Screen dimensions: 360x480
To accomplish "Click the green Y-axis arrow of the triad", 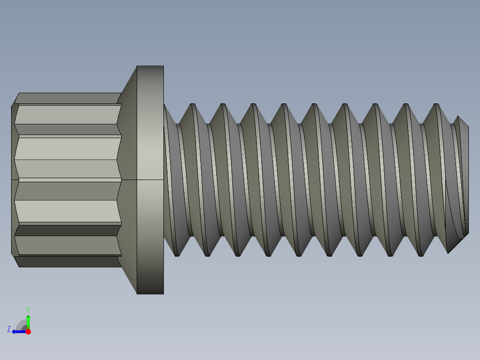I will (x=28, y=320).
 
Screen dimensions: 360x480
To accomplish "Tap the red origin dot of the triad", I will (x=28, y=331).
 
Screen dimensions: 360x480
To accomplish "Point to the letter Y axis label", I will (x=28, y=309).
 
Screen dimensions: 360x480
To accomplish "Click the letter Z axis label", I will (x=9, y=329).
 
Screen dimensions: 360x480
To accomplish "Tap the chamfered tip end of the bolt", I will (x=463, y=178).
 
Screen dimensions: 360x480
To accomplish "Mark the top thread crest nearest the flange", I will (x=193, y=105).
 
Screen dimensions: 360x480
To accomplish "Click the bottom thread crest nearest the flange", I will (x=176, y=255).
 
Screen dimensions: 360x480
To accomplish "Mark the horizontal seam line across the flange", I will (x=150, y=180).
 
